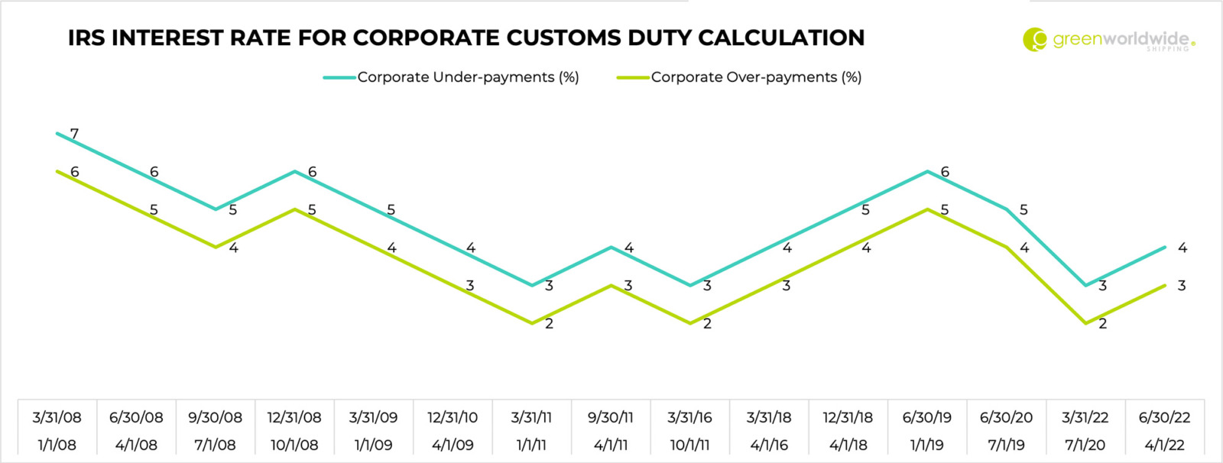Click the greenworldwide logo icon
pos(1035,39)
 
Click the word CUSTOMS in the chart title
pos(566,37)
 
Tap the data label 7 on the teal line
pos(74,134)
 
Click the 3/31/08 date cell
pos(57,417)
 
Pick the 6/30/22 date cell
pos(1164,417)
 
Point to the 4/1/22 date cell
pos(1164,445)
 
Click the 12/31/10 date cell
pos(453,417)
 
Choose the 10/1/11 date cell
pos(689,445)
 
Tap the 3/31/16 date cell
pos(689,417)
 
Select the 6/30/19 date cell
pos(926,417)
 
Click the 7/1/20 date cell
pos(1085,445)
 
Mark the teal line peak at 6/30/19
pos(927,171)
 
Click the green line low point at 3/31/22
pos(1085,323)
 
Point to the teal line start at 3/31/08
pos(57,134)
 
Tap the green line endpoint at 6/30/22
pos(1164,286)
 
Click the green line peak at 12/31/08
pos(294,209)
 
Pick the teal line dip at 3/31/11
pos(532,285)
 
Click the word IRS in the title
pos(86,37)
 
